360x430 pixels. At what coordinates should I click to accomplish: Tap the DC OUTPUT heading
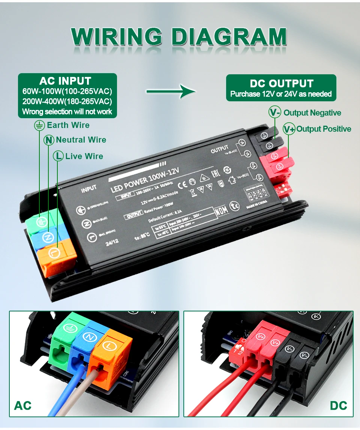click(281, 83)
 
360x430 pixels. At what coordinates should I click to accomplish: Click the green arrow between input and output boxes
click(171, 91)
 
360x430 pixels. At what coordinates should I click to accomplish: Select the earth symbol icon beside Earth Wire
click(39, 125)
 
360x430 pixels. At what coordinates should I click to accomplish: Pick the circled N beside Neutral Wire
click(49, 140)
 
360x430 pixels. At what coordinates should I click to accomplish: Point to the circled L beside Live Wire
click(58, 156)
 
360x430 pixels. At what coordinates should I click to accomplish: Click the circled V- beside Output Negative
click(275, 113)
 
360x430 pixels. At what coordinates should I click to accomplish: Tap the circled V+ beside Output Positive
click(289, 129)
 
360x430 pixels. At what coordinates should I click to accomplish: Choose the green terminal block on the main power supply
click(39, 221)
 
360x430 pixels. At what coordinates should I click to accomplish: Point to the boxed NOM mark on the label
click(221, 211)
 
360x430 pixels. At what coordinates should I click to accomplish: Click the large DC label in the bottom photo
click(339, 406)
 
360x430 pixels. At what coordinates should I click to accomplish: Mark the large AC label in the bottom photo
click(22, 406)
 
